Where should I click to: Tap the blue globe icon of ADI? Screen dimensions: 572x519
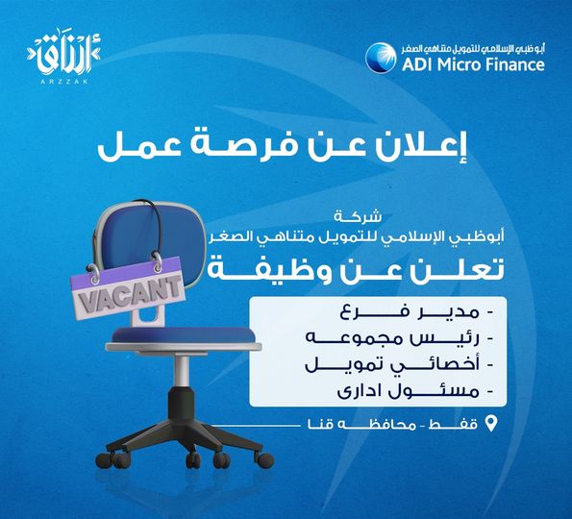click(x=381, y=58)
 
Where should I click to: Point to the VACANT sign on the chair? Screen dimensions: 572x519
click(x=128, y=288)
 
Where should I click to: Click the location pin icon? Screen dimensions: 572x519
click(x=491, y=423)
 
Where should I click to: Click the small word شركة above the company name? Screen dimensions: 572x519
click(x=358, y=217)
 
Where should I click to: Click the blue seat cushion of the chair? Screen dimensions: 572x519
click(x=183, y=334)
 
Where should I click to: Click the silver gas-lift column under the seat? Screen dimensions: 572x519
click(x=182, y=371)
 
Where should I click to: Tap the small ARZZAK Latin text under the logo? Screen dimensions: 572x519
click(x=64, y=82)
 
